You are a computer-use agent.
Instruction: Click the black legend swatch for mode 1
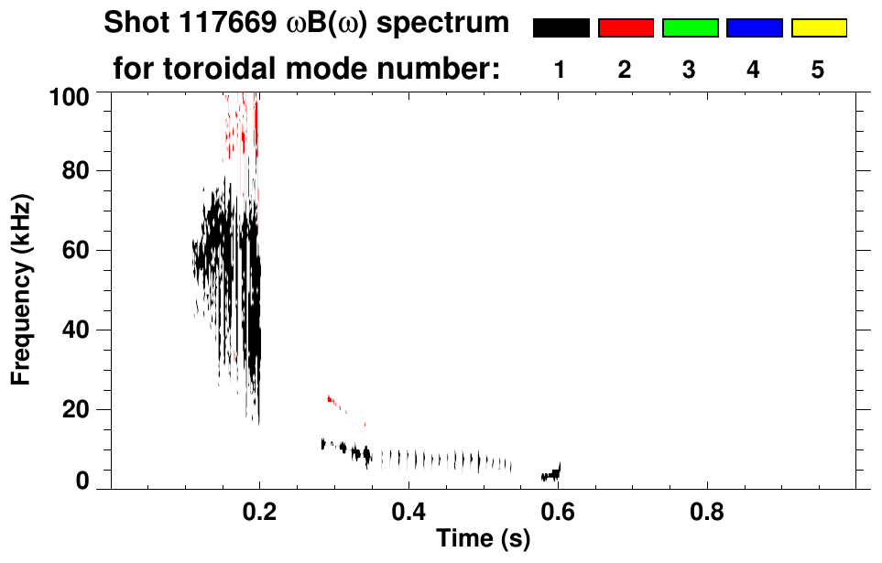561,28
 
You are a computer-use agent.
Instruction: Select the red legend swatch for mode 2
626,28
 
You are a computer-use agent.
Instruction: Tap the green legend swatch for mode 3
690,28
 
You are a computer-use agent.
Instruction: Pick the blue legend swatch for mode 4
754,28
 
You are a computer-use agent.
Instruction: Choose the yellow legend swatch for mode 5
819,28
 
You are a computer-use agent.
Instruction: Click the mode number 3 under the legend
689,70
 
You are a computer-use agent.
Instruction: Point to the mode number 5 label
818,70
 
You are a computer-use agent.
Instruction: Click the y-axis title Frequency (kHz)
21,289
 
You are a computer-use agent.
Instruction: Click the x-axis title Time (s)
483,539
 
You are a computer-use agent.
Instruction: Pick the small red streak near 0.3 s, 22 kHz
332,399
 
